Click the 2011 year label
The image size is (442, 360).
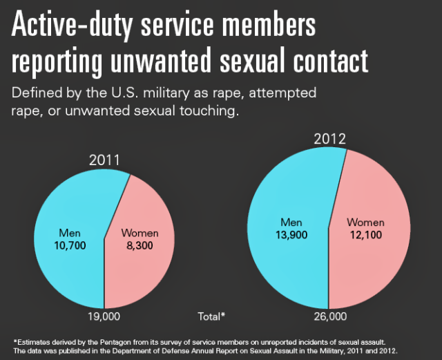104,160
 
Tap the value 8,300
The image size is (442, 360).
140,245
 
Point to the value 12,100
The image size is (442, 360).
365,235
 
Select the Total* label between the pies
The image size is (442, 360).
212,316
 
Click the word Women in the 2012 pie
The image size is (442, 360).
365,222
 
